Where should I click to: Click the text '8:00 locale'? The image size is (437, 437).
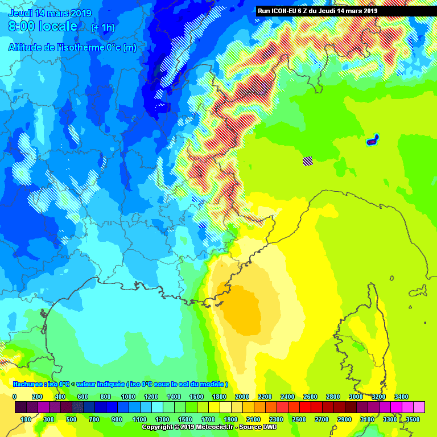(x=43, y=26)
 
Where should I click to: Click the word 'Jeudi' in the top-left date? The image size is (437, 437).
(x=21, y=13)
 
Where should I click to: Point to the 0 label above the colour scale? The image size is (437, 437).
(x=14, y=397)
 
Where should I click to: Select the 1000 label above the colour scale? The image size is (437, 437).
(x=128, y=397)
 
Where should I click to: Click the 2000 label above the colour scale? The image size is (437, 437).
(x=242, y=397)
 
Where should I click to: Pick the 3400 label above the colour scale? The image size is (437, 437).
(x=401, y=397)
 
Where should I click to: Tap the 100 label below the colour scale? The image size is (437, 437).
(x=26, y=419)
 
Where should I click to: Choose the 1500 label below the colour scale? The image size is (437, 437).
(x=185, y=419)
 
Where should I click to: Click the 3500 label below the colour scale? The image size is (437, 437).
(x=413, y=419)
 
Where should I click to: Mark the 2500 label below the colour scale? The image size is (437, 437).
(x=299, y=419)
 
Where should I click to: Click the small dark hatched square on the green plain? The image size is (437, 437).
(x=308, y=161)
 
